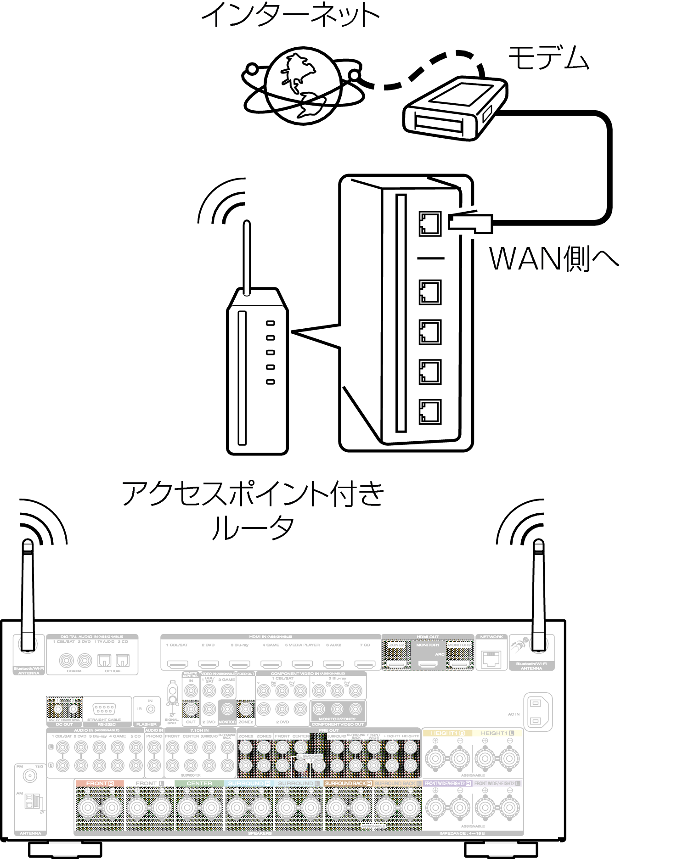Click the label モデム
click(549, 58)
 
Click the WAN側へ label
click(554, 259)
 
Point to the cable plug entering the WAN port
click(471, 222)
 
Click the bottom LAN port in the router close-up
click(430, 412)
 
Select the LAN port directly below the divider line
click(430, 292)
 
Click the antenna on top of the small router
click(247, 257)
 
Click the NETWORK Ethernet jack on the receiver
click(491, 659)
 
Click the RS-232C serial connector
click(104, 708)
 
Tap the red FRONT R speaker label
click(99, 783)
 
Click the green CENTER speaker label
click(199, 783)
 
